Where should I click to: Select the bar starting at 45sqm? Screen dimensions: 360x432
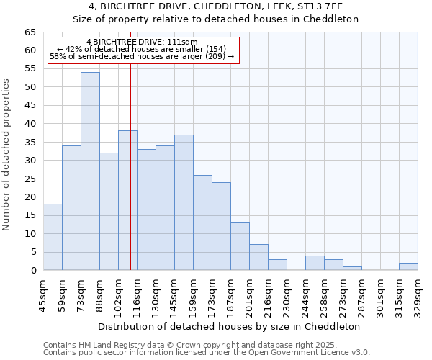point(53,237)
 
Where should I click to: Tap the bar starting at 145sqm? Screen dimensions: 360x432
point(184,202)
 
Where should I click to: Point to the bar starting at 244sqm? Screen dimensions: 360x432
point(315,263)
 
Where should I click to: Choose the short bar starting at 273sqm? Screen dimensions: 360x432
point(352,268)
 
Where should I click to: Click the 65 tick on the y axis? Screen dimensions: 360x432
point(30,32)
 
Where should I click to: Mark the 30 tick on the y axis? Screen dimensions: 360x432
point(30,160)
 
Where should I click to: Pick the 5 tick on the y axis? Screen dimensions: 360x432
point(33,252)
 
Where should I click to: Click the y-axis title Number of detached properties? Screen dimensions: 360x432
point(7,154)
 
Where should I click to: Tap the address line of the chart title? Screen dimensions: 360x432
point(216,7)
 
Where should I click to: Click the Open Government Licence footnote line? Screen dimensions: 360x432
point(207,352)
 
